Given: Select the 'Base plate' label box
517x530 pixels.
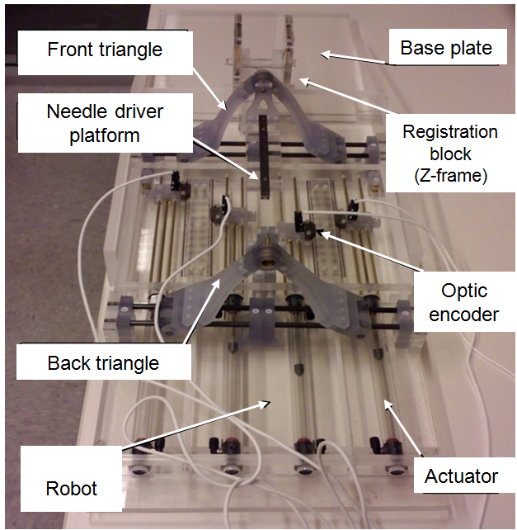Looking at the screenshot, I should click(446, 48).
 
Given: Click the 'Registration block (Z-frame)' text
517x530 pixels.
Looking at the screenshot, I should click(450, 153).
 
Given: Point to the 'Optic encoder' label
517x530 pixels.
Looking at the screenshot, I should click(464, 303).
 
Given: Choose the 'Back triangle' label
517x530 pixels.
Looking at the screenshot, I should click(103, 363).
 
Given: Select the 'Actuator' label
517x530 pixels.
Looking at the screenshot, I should click(461, 476).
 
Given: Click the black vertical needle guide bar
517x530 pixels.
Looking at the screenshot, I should click(264, 156).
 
